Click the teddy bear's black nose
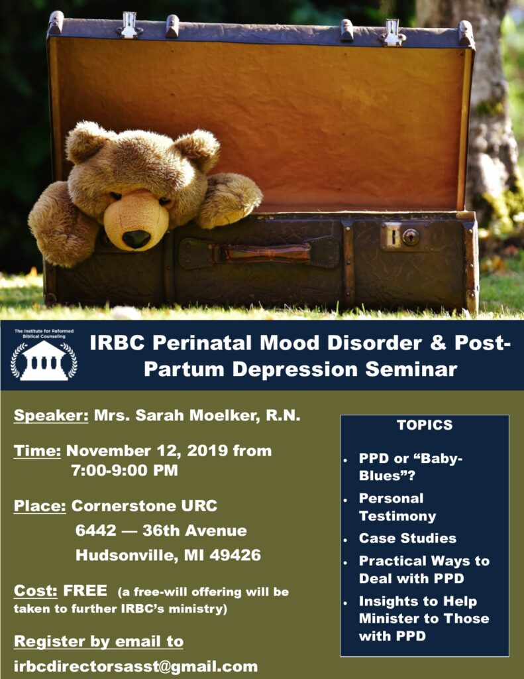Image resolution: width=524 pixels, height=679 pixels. (136, 239)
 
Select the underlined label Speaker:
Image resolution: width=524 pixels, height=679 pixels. (51, 416)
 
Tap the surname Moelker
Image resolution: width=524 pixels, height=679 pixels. (225, 416)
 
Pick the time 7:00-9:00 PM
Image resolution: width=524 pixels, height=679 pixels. (125, 470)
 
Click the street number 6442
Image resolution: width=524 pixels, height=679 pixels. (95, 530)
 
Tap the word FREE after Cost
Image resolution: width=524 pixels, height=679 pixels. (85, 591)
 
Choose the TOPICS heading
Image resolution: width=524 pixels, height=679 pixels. (425, 425)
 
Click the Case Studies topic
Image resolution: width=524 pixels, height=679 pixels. (407, 538)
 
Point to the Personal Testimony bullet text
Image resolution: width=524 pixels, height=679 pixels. (397, 507)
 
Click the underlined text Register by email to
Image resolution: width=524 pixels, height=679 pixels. (99, 642)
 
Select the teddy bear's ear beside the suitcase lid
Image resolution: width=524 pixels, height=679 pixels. (199, 147)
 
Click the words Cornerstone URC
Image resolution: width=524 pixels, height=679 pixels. (144, 506)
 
